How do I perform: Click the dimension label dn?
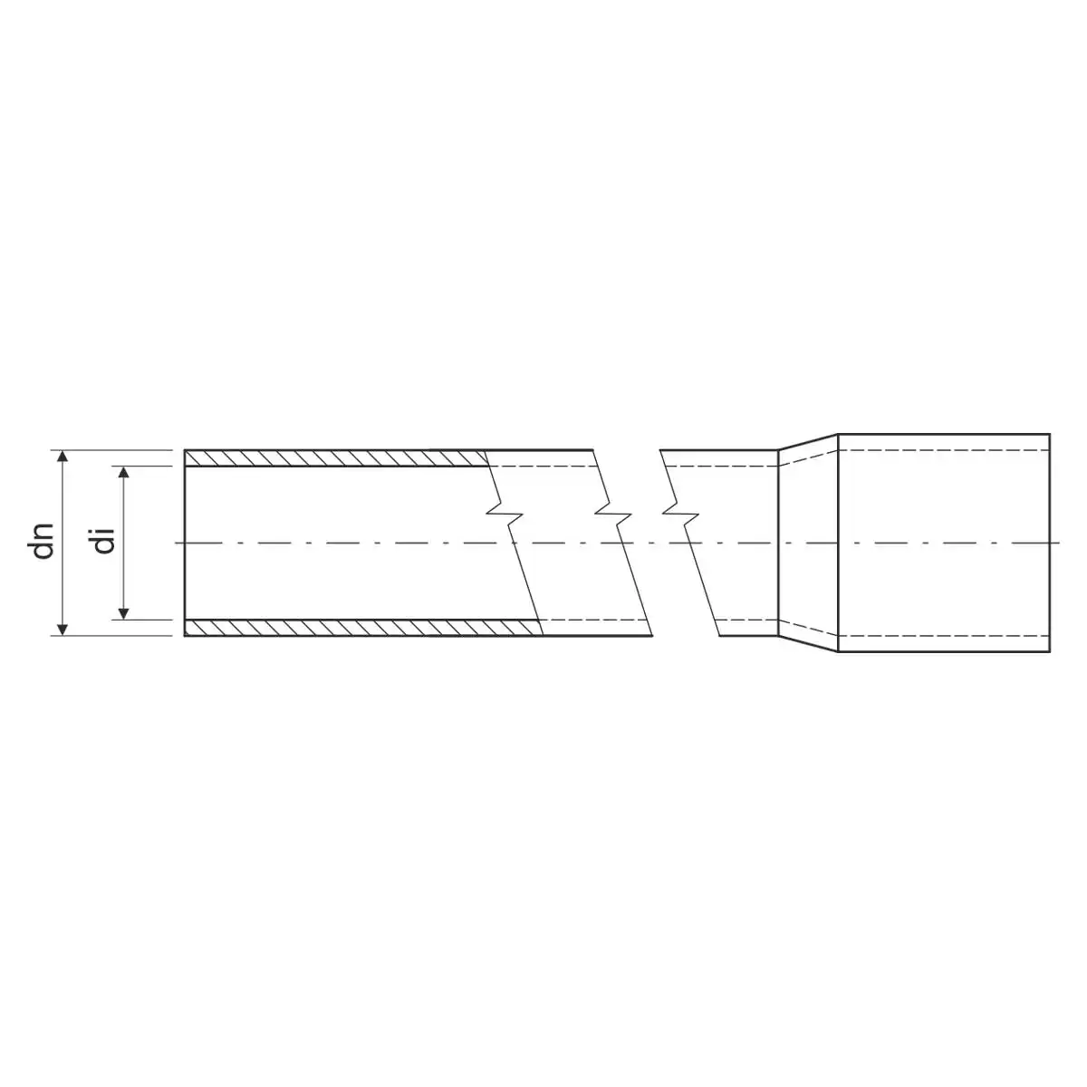43,542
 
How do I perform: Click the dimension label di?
105,542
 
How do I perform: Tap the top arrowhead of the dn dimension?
63,456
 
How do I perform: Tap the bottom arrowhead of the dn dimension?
63,630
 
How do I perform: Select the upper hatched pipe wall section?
336,458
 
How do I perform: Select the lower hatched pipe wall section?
363,627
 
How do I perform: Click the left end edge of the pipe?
185,543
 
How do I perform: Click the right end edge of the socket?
1050,543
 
